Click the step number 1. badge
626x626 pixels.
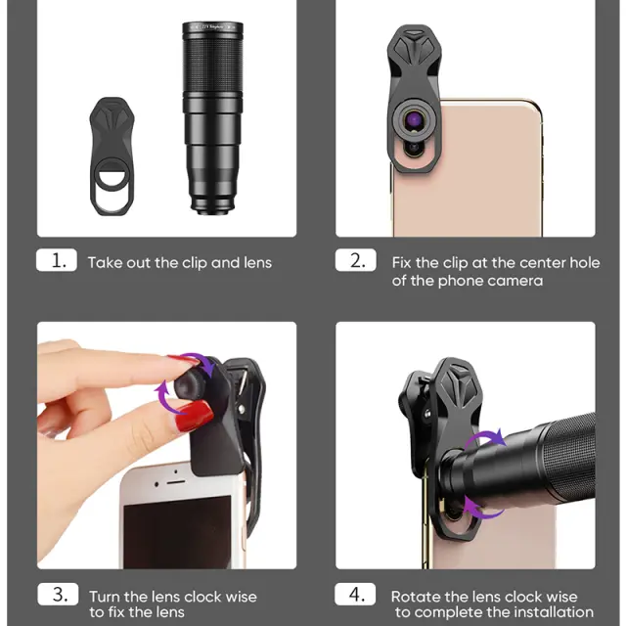coord(57,260)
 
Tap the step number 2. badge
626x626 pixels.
coord(356,260)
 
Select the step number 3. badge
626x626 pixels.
coord(58,594)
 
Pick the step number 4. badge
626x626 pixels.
coord(355,594)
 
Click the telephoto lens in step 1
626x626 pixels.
coord(212,118)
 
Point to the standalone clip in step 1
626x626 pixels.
coord(112,156)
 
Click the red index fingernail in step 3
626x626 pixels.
coord(183,360)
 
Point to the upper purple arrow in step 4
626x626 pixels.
coord(484,437)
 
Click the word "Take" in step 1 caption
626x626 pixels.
coord(104,263)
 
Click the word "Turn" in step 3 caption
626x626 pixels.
coord(105,597)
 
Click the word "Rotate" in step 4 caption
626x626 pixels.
coord(416,597)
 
